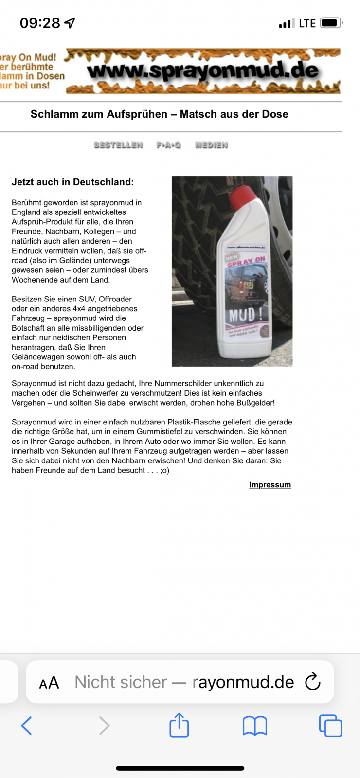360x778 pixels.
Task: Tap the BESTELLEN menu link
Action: [118, 145]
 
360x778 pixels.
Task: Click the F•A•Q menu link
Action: [168, 145]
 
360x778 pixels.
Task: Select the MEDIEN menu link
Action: [211, 145]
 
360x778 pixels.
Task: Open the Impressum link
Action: [270, 485]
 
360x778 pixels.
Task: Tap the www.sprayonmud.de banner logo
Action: [203, 71]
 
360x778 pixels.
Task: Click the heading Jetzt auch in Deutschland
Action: [72, 182]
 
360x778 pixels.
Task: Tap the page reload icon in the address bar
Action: [313, 682]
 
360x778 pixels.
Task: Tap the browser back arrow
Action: [27, 726]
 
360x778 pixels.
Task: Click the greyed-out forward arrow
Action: [104, 726]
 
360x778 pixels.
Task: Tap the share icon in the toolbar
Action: [179, 725]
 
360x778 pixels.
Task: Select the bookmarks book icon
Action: [255, 726]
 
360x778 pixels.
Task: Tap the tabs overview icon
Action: [330, 726]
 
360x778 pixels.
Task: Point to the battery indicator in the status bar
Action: [331, 23]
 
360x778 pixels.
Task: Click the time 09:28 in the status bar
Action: [40, 23]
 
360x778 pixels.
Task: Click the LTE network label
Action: [307, 23]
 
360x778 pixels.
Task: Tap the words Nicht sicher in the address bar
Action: [121, 682]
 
